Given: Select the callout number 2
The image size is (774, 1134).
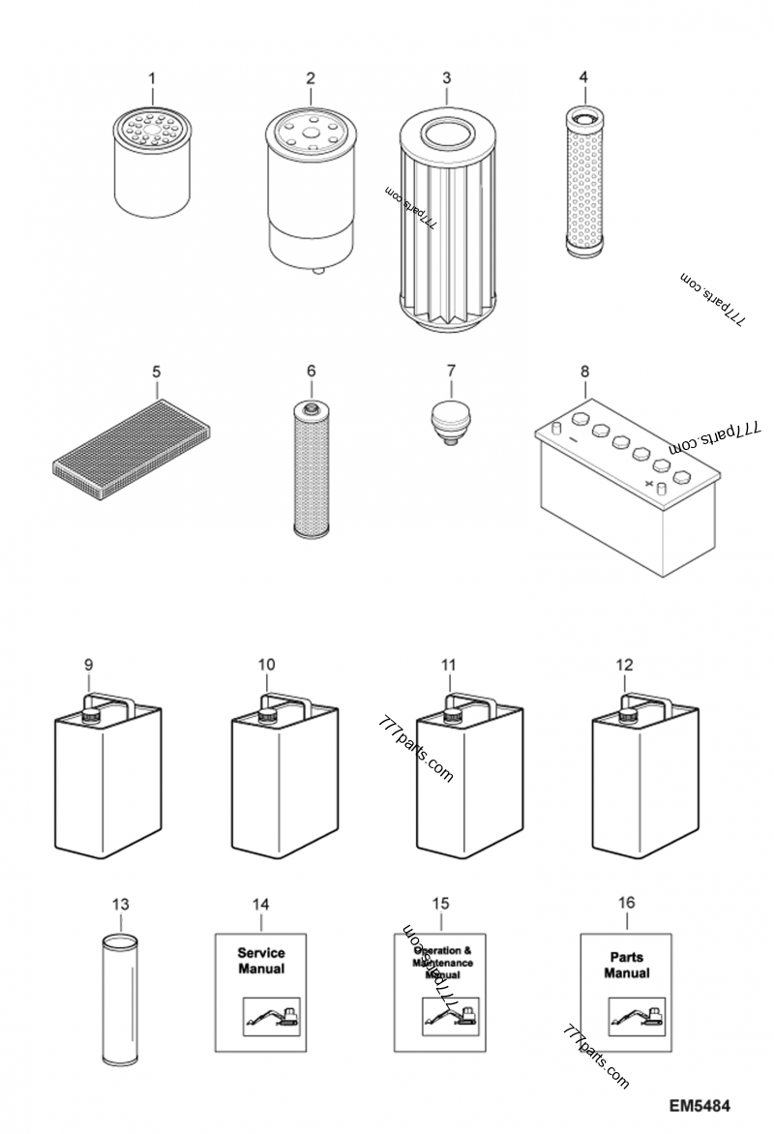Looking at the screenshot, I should tap(311, 76).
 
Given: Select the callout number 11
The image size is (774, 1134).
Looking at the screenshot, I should tap(448, 665).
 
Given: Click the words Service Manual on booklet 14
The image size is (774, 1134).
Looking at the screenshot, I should tap(261, 961).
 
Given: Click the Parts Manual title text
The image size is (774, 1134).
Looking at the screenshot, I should tap(626, 965).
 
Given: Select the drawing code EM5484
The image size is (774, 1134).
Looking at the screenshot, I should tap(698, 1105).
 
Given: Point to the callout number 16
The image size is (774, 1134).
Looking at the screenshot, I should tap(626, 903).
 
